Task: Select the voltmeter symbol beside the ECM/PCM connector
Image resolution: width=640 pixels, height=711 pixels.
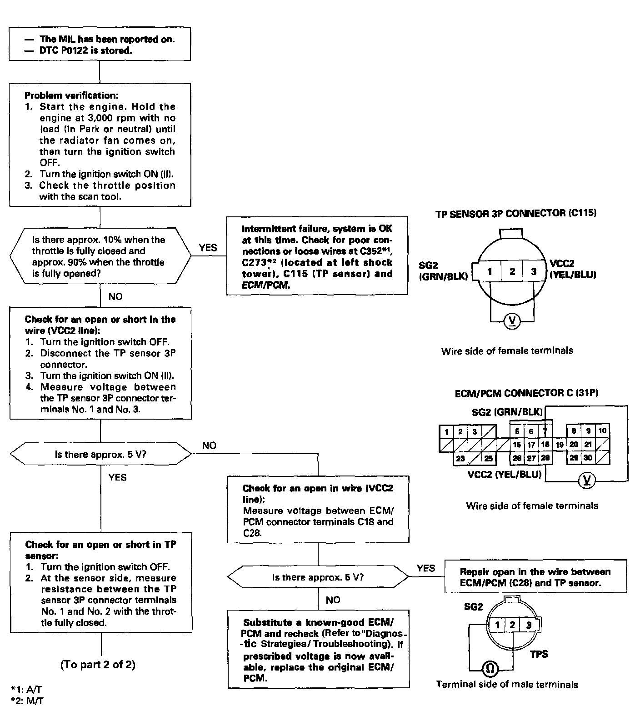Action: [587, 480]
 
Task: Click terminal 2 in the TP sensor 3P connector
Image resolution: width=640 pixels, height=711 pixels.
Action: [512, 271]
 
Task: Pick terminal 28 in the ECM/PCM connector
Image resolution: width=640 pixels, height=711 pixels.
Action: [545, 458]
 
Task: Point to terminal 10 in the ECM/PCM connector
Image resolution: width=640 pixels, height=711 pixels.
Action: [602, 431]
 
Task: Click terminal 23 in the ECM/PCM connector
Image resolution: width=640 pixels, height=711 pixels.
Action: [460, 458]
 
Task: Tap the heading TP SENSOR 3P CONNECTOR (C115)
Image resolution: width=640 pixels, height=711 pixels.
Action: [515, 213]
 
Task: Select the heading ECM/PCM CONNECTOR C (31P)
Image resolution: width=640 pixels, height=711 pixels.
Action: [526, 393]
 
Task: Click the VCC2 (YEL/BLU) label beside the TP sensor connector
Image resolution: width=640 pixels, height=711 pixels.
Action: [573, 269]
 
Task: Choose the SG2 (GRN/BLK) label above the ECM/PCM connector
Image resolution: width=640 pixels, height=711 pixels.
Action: [507, 412]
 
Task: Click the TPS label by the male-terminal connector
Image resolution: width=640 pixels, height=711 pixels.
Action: [539, 654]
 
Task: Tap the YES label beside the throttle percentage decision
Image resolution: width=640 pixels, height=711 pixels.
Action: [208, 248]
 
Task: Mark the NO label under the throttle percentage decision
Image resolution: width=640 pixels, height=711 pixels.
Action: [115, 296]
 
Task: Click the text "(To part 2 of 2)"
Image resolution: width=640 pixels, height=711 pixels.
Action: [98, 665]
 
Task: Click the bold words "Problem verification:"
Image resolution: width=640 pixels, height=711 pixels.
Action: [70, 95]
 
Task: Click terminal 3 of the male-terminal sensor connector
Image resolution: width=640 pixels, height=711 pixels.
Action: [529, 625]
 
